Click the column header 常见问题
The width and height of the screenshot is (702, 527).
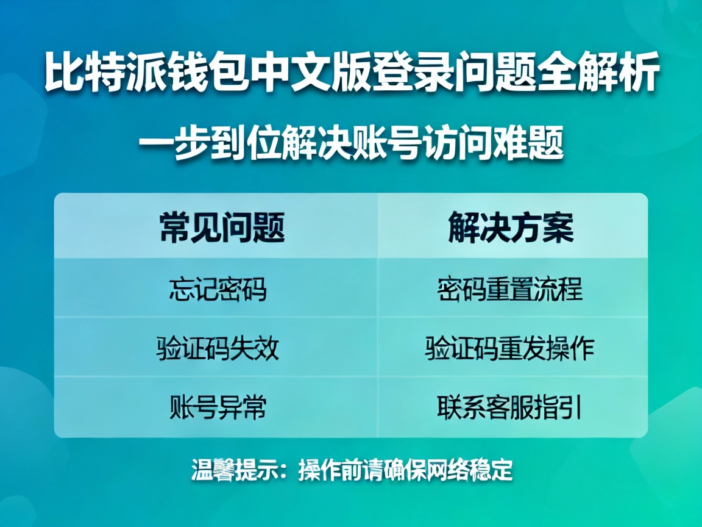point(222,228)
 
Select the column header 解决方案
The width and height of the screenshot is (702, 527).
point(511,228)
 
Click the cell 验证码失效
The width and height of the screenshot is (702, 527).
point(218,349)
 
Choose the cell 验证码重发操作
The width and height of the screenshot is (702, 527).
point(510,349)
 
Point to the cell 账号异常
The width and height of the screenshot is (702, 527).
point(218,407)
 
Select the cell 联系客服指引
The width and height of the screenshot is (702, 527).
point(510,407)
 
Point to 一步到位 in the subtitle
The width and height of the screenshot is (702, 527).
point(210,145)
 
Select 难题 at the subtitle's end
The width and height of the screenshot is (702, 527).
point(528,145)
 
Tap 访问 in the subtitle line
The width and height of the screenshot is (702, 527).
point(456,145)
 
